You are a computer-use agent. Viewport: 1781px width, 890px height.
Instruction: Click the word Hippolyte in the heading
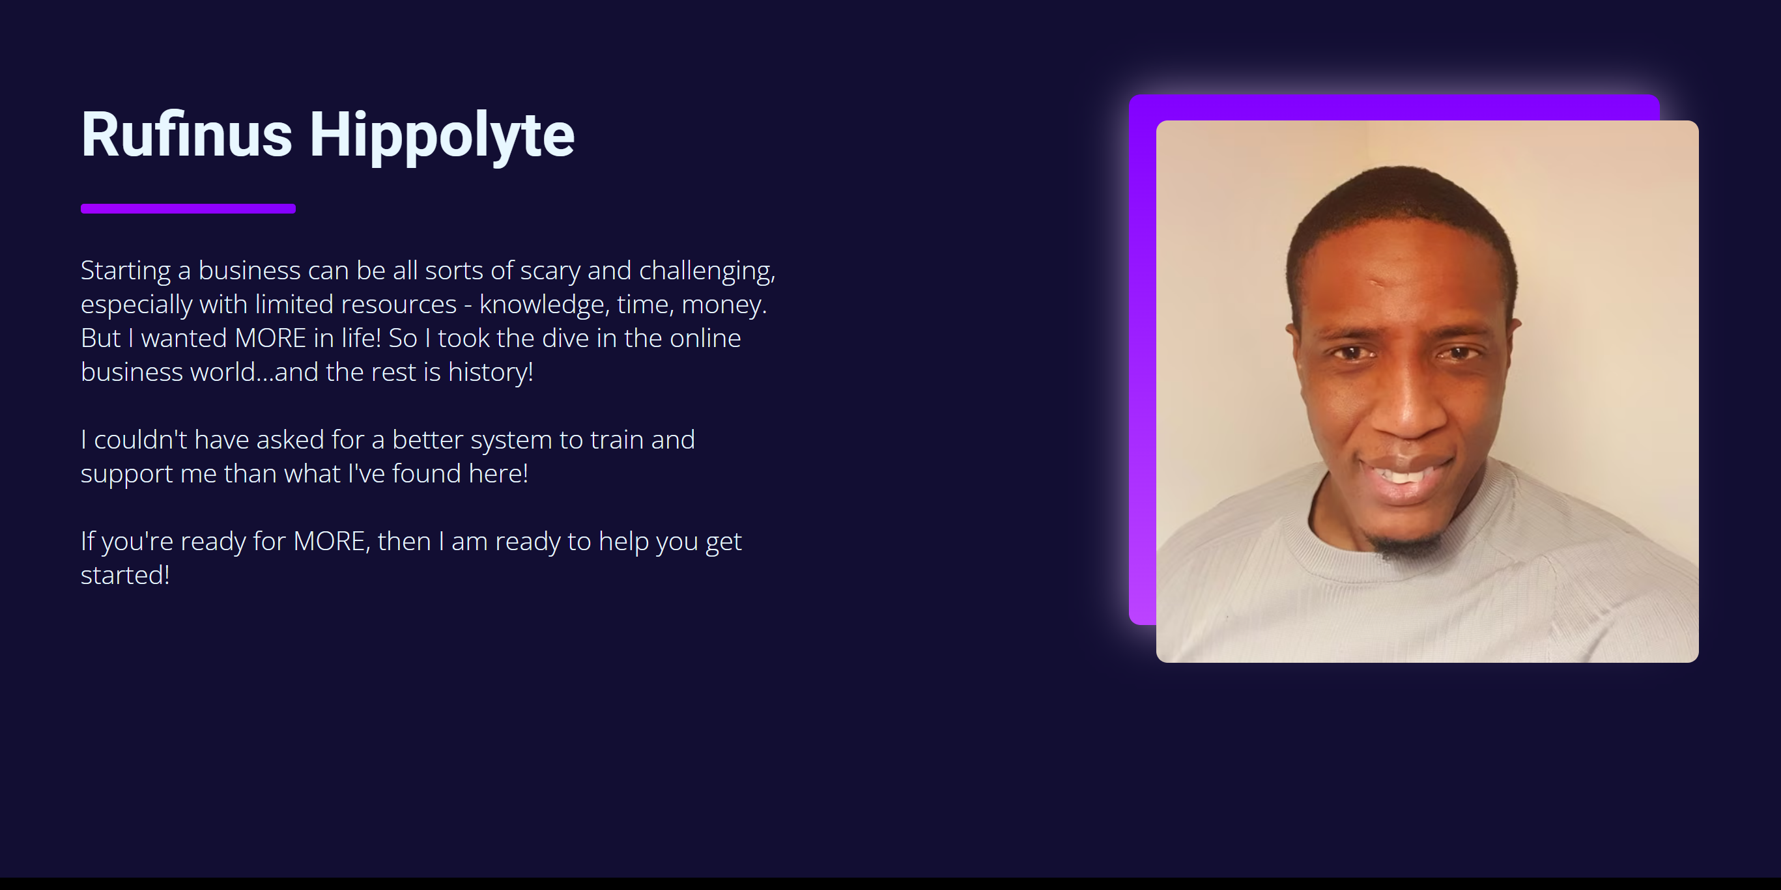(x=442, y=137)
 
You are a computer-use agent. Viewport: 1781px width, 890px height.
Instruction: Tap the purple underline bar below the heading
(x=188, y=209)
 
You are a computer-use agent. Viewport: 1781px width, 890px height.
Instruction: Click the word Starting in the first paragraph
(x=125, y=271)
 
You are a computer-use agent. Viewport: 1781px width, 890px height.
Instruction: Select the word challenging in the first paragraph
(x=707, y=271)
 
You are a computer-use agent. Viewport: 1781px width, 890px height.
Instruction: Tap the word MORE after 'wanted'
(x=270, y=339)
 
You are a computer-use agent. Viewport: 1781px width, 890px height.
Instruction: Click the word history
(x=490, y=372)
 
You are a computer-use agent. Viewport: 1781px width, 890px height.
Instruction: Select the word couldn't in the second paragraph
(x=140, y=440)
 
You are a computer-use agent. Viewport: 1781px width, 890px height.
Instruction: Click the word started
(x=125, y=576)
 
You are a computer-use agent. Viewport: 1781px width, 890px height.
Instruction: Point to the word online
(x=705, y=339)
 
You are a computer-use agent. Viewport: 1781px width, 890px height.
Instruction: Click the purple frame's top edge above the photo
(x=1395, y=107)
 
